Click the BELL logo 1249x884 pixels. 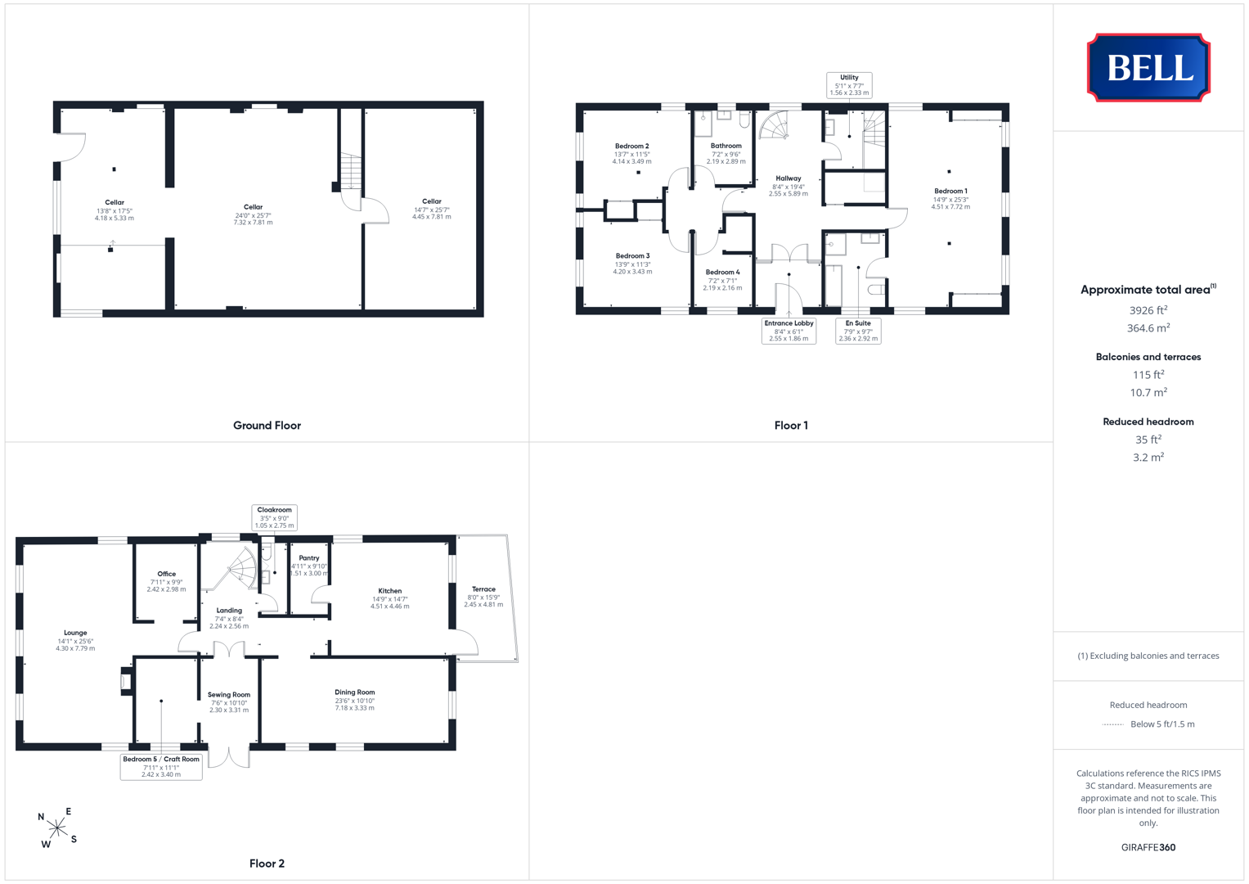tap(1148, 67)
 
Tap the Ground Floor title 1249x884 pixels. tap(267, 426)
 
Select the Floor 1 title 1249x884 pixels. tap(791, 426)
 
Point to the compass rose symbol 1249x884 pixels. tap(57, 828)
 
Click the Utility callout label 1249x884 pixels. tap(849, 85)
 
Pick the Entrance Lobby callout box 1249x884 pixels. tap(788, 331)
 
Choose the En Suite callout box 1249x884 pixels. tap(858, 331)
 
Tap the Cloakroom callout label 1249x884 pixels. tap(274, 517)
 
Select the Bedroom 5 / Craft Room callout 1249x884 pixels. tap(161, 767)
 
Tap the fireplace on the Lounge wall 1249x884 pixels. tap(127, 681)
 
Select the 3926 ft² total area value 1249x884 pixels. tap(1148, 310)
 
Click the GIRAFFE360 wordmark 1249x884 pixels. tap(1148, 847)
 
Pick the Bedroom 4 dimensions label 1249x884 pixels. tap(722, 285)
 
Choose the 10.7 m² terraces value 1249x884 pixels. tap(1148, 392)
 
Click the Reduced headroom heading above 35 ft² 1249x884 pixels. tap(1148, 422)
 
